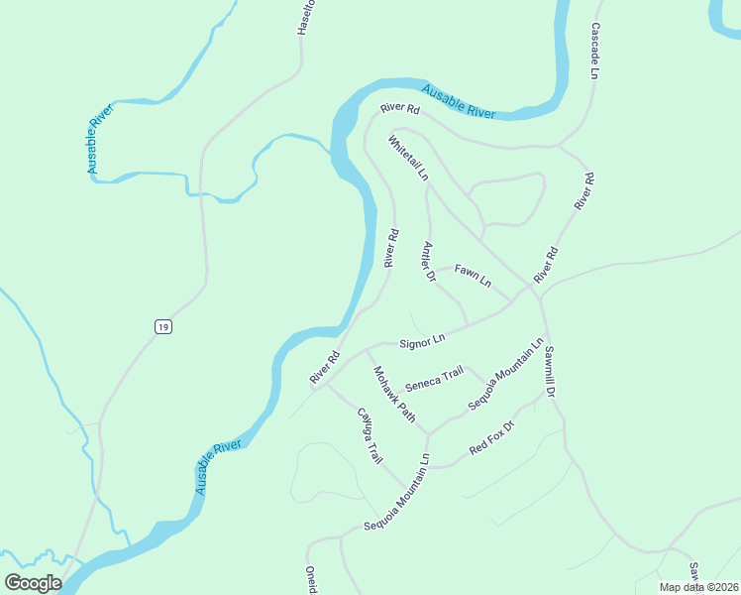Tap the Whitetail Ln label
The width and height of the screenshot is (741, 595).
coord(409,158)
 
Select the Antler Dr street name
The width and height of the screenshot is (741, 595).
coord(429,262)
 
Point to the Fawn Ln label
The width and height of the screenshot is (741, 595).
coord(473,275)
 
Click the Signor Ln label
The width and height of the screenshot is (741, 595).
coord(422,341)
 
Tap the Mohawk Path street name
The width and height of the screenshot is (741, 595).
coord(394,394)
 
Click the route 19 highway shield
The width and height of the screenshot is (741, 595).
coord(163,326)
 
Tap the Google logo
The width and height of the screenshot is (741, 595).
coord(33,582)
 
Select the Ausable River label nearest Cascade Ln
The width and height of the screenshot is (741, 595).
coord(458,102)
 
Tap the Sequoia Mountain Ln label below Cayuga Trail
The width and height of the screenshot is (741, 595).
coord(396,493)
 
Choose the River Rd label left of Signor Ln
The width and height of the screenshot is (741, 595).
coord(325,368)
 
